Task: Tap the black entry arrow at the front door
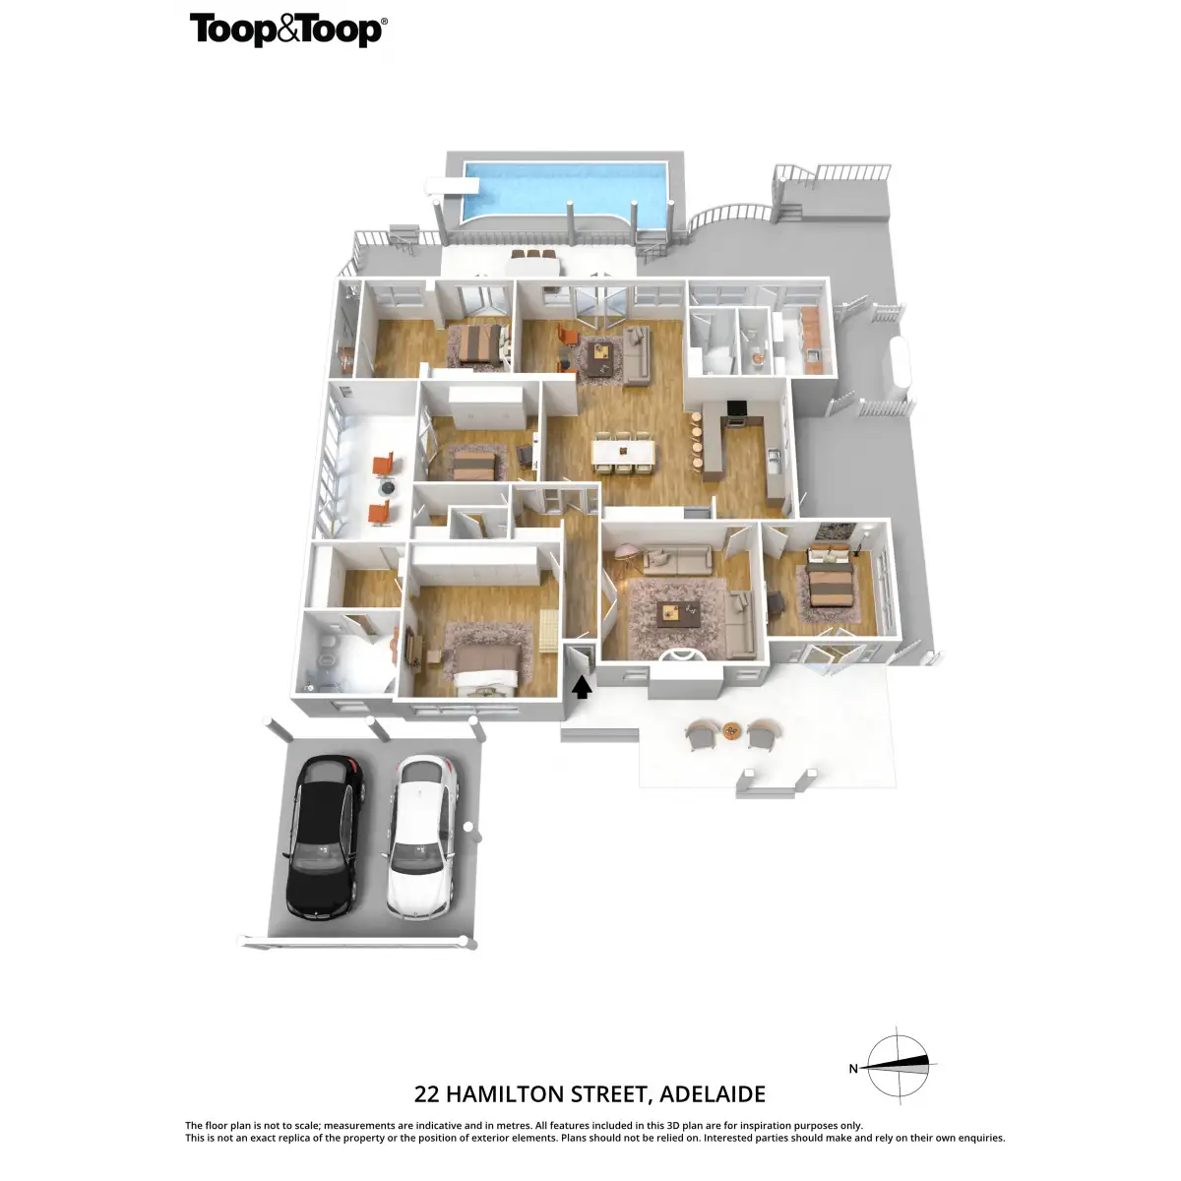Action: click(x=582, y=686)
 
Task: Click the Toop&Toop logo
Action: click(x=287, y=30)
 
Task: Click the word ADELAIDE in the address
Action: click(x=713, y=1094)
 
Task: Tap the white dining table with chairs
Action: click(x=625, y=451)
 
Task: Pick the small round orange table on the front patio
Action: click(x=731, y=730)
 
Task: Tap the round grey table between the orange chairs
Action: click(x=388, y=487)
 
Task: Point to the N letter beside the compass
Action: click(x=853, y=1068)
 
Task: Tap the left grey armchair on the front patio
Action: click(x=701, y=734)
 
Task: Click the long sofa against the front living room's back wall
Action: click(x=676, y=561)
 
